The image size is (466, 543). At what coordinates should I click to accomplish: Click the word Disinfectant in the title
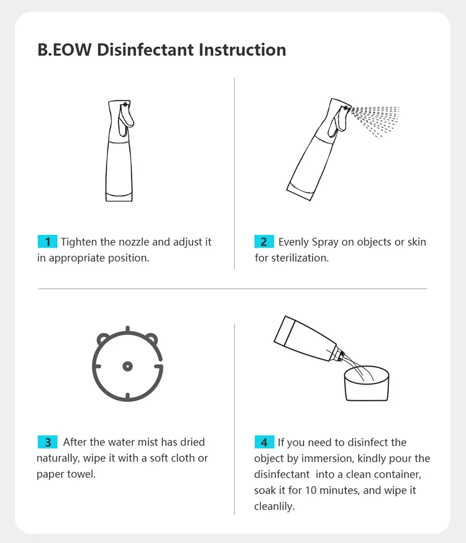(x=145, y=50)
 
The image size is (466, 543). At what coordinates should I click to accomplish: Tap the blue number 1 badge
(x=47, y=242)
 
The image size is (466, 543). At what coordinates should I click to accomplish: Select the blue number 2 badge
(x=264, y=242)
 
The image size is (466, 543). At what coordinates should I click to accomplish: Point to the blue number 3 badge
(x=47, y=442)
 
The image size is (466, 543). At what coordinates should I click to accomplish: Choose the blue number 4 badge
(x=264, y=442)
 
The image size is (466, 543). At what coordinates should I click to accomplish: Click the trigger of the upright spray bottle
(x=126, y=119)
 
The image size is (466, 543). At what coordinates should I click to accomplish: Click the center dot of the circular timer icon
(x=128, y=366)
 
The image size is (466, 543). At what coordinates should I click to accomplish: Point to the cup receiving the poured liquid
(x=367, y=384)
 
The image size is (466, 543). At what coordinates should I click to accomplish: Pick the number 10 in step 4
(x=311, y=490)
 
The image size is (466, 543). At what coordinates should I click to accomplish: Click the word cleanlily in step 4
(x=274, y=506)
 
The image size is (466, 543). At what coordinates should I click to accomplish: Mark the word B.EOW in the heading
(x=65, y=50)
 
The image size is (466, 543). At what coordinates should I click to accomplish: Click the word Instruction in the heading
(x=242, y=50)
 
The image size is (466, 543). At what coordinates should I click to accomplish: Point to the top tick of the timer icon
(x=128, y=329)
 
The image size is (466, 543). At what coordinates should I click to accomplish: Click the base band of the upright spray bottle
(x=119, y=197)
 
